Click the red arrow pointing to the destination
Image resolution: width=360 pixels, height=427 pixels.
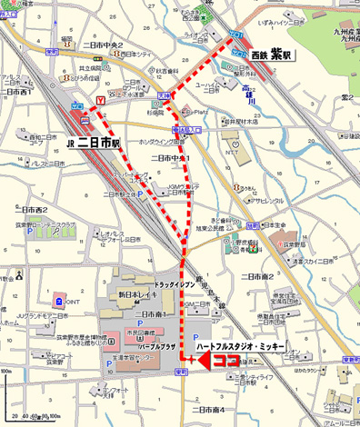pos(202,361)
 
